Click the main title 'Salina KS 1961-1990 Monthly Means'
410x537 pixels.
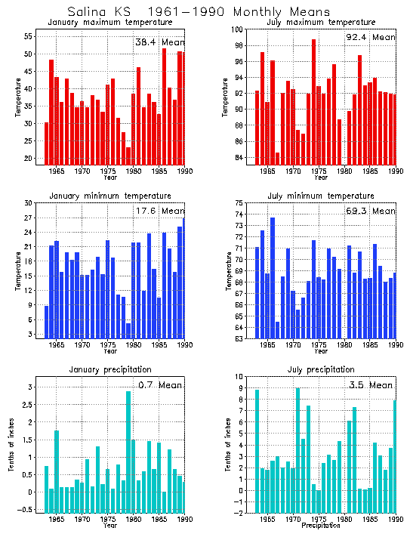(x=199, y=12)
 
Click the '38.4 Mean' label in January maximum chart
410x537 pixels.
(x=159, y=42)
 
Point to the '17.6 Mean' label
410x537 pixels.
(x=159, y=211)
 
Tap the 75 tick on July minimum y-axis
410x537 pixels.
(x=238, y=203)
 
